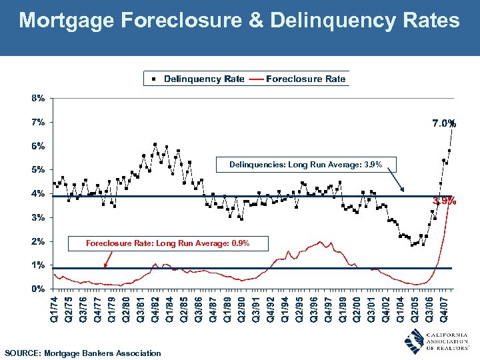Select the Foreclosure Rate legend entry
(x=305, y=79)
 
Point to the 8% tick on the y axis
(x=38, y=98)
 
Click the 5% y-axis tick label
(x=38, y=169)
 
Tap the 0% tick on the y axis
(x=38, y=289)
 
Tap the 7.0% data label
(x=443, y=123)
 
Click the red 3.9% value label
(x=444, y=200)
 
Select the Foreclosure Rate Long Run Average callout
(x=167, y=243)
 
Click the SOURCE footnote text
(x=83, y=353)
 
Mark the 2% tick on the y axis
(x=38, y=241)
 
